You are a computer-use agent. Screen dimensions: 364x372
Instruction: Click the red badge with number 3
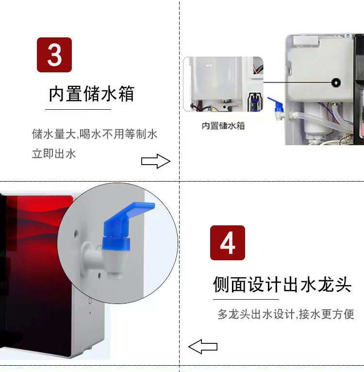click(x=54, y=55)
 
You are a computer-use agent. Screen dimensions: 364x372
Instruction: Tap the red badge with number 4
click(x=228, y=243)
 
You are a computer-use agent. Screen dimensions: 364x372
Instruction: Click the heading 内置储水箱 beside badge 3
click(x=92, y=94)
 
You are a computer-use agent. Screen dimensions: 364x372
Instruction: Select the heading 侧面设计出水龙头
click(x=282, y=284)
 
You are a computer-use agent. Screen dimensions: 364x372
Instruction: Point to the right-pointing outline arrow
click(x=156, y=161)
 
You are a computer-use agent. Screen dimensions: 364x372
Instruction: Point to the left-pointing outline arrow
click(x=203, y=347)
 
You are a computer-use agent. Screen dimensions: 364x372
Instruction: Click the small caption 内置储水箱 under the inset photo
click(x=223, y=126)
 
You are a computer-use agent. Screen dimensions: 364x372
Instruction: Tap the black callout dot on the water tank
click(x=336, y=83)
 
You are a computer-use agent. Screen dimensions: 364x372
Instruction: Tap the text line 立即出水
click(x=54, y=154)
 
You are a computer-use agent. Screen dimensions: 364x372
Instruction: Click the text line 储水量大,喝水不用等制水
click(x=95, y=134)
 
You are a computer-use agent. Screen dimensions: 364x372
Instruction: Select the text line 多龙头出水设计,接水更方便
click(x=286, y=314)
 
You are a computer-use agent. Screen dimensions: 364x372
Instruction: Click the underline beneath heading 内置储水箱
click(x=78, y=110)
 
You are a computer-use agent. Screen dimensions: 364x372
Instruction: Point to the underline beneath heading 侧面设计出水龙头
click(x=246, y=300)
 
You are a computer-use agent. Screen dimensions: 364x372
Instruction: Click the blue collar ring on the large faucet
click(x=116, y=244)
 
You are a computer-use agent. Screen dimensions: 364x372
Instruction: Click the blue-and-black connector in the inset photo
click(x=255, y=102)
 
